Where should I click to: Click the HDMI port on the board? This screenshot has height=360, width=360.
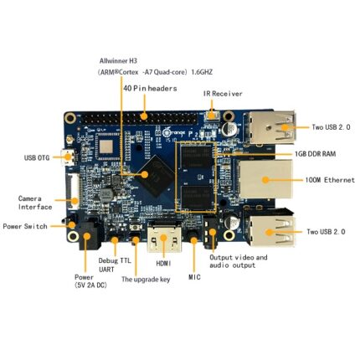(x=164, y=237)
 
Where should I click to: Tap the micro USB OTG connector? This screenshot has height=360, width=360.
(x=68, y=157)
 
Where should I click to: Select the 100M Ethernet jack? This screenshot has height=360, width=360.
(x=265, y=179)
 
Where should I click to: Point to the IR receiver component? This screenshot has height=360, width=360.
(x=212, y=115)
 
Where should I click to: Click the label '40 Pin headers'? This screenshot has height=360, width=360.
(x=150, y=89)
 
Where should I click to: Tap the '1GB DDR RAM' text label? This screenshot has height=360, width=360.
(x=316, y=154)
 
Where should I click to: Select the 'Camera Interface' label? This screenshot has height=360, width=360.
(x=35, y=203)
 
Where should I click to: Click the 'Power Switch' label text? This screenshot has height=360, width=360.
(x=25, y=226)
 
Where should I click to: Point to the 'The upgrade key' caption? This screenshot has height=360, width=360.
(x=146, y=280)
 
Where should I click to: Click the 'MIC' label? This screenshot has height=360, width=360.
(x=194, y=277)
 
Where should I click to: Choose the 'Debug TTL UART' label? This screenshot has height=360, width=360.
(x=115, y=265)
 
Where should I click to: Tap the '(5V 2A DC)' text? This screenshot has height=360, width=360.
(x=90, y=285)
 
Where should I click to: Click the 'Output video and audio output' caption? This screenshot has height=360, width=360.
(x=239, y=261)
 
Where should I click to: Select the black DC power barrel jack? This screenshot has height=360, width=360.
(x=88, y=234)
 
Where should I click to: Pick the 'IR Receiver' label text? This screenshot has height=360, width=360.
(x=223, y=94)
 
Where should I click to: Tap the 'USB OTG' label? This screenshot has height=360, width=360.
(x=37, y=158)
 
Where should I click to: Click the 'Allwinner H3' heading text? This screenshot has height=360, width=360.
(x=118, y=60)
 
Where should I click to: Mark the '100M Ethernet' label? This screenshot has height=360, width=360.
(x=330, y=180)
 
